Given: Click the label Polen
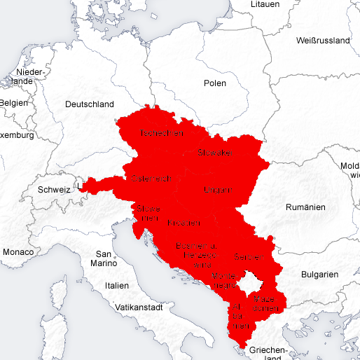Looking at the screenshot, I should [x=215, y=83].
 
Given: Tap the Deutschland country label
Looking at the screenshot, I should [x=89, y=104].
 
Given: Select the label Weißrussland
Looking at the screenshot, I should [x=323, y=41].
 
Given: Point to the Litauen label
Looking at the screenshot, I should [x=265, y=4].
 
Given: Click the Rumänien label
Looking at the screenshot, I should [x=306, y=207].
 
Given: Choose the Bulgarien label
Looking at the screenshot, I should [x=319, y=275].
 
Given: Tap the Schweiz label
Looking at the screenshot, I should [x=54, y=189].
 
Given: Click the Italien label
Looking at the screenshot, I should [x=117, y=286].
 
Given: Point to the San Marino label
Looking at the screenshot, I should [x=104, y=258].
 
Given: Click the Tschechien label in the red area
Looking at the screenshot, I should [x=161, y=132].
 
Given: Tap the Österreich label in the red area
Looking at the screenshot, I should [x=150, y=179].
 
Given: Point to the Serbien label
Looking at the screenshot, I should [x=247, y=256].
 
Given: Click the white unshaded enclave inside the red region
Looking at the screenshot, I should [x=249, y=283].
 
